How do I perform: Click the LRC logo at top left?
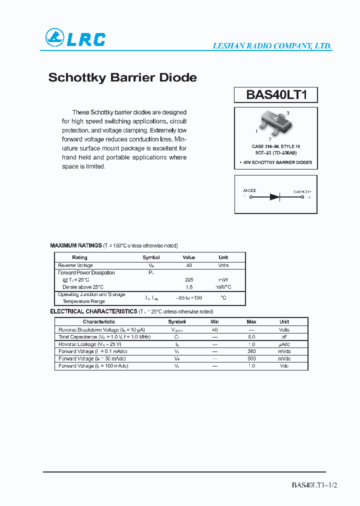75,38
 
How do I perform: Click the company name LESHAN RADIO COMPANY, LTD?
272,45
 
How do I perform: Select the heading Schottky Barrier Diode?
122,78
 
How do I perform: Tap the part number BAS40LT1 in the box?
275,95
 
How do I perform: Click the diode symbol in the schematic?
275,197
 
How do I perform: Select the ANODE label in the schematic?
249,191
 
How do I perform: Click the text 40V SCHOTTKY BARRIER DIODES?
276,162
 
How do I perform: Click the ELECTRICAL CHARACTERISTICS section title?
93,311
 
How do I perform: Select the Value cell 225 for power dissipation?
189,280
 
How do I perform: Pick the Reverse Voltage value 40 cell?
189,265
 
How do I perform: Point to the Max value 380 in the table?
251,351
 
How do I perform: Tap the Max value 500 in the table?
251,358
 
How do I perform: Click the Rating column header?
79,257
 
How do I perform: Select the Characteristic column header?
99,322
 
